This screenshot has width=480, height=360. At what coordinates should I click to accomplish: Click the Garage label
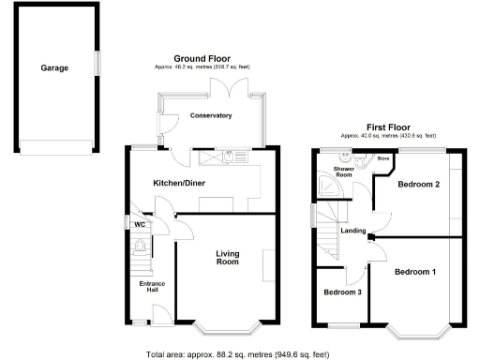click(x=54, y=68)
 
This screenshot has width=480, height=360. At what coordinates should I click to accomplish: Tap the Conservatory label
click(x=211, y=115)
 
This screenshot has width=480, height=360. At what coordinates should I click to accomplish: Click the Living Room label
click(x=229, y=258)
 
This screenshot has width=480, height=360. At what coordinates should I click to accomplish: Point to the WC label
click(x=138, y=225)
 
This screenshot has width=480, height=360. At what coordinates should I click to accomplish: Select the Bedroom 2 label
click(x=419, y=184)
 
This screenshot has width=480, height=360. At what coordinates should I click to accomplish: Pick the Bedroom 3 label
click(x=343, y=292)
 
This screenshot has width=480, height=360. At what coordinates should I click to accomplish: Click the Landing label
click(x=353, y=231)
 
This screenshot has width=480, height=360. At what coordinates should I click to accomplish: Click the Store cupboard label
click(x=382, y=159)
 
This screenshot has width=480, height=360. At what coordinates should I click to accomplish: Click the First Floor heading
click(x=385, y=127)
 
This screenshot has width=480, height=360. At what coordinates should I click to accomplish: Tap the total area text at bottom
click(x=239, y=354)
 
